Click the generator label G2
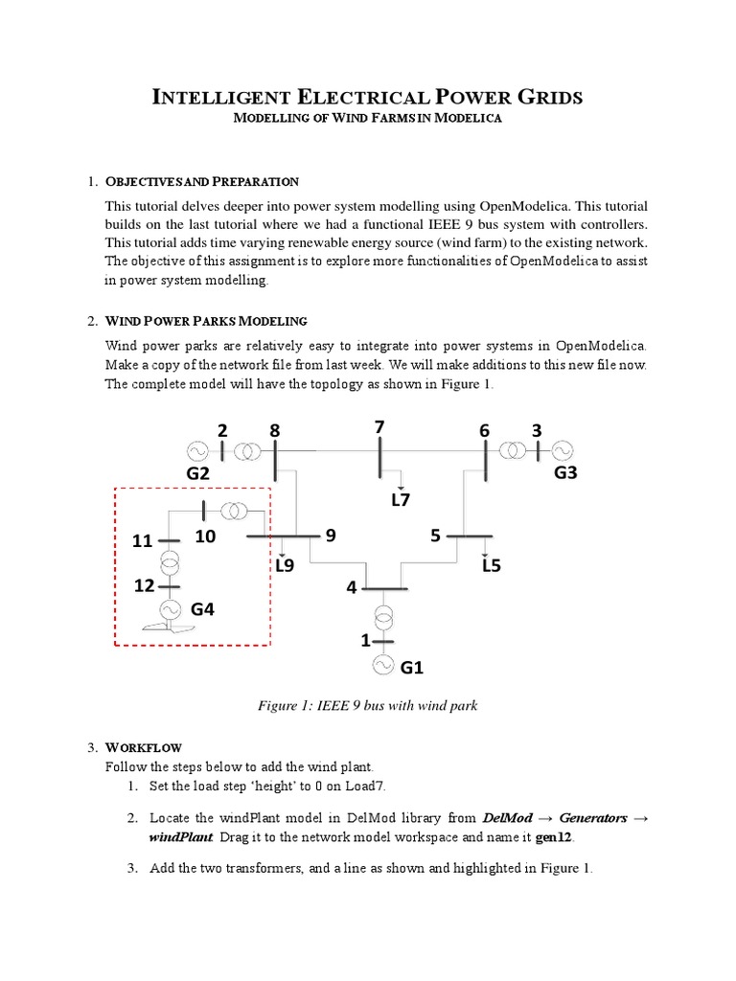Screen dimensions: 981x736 coord(198,473)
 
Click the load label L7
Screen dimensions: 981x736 coord(401,499)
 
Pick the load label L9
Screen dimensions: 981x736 coord(285,565)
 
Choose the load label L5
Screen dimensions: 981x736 coord(493,565)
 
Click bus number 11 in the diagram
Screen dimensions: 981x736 coord(143,541)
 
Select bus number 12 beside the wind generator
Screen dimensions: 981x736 coord(145,585)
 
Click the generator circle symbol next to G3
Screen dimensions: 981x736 coord(561,449)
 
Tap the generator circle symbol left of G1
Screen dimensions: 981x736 coord(383,664)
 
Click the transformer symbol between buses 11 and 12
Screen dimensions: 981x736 coord(170,561)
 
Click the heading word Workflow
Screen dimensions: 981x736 coord(143,747)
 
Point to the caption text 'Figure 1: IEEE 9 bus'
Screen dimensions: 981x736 coord(326,706)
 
